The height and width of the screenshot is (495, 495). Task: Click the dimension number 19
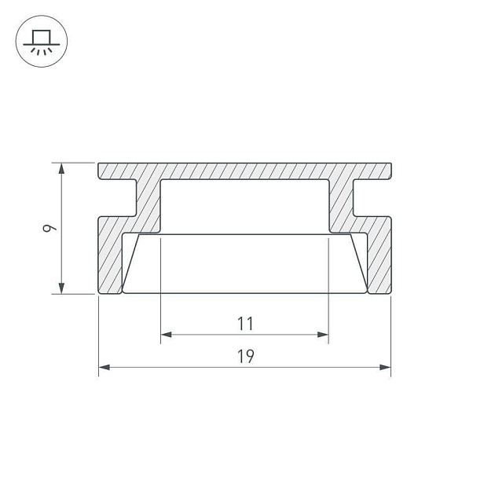coord(245,356)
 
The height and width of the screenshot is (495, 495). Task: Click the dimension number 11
coord(245,324)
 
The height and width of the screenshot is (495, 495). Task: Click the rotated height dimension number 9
coord(49,228)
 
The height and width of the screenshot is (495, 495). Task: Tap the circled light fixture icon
coord(42,41)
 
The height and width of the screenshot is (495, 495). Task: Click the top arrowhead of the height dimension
coord(61,168)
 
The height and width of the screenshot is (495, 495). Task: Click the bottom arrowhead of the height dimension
coord(61,288)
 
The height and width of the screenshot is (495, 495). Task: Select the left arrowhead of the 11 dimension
coord(167,334)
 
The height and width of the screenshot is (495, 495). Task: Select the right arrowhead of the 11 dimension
coord(323,334)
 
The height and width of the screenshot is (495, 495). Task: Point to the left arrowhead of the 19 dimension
coord(104,367)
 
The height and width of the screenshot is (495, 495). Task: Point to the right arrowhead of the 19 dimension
coord(385,367)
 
